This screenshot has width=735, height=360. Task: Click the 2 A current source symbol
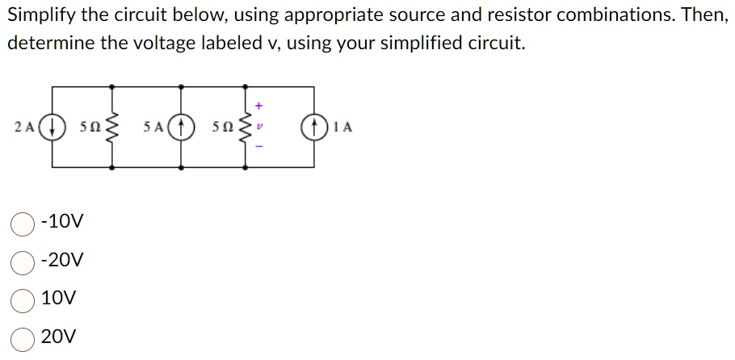(53, 127)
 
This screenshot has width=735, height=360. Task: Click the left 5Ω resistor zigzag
(111, 127)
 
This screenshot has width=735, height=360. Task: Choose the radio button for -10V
(23, 222)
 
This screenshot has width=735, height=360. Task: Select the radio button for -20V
(23, 261)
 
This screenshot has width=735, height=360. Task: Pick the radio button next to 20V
(23, 337)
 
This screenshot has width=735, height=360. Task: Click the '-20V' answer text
(61, 261)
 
